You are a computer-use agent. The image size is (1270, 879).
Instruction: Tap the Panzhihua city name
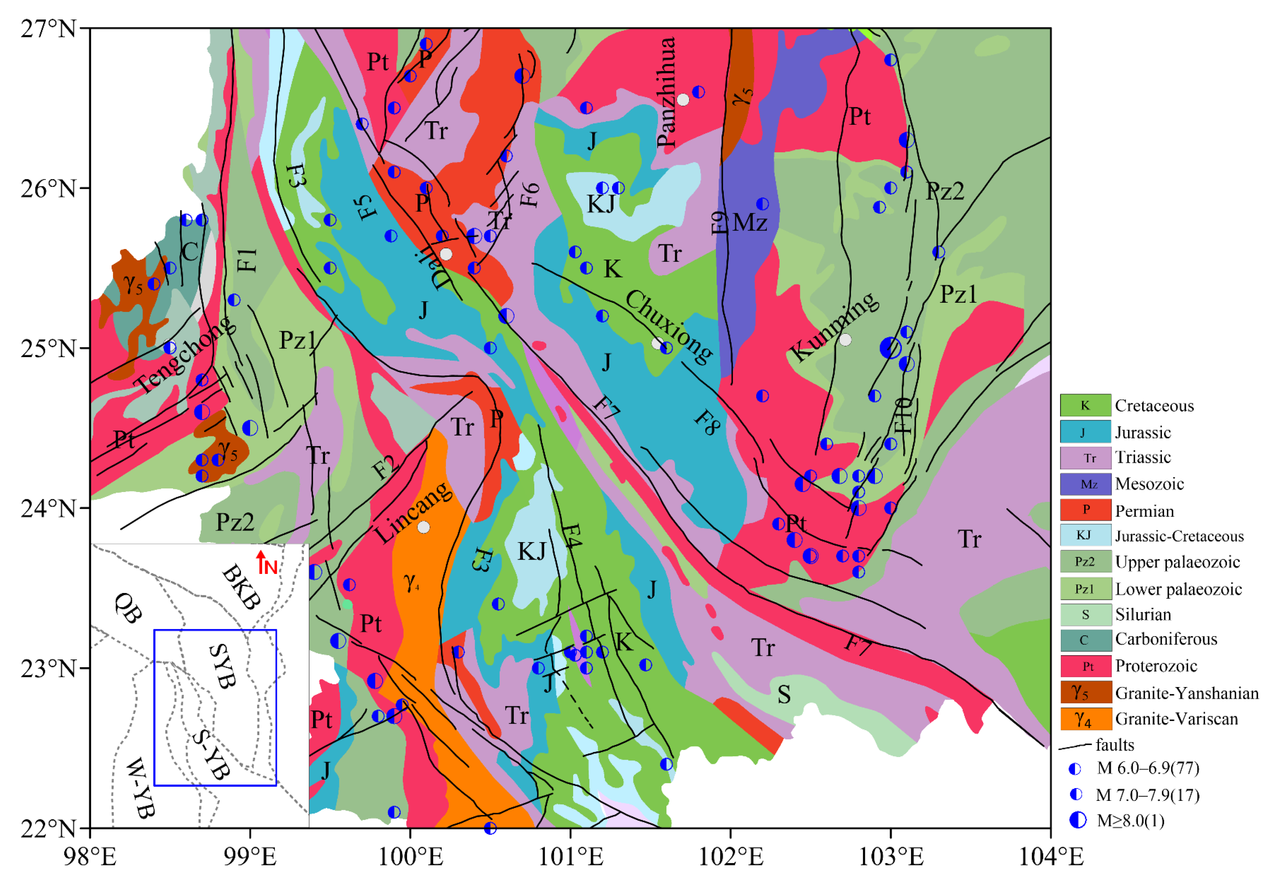point(666,92)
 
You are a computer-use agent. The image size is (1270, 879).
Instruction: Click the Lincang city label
point(414,512)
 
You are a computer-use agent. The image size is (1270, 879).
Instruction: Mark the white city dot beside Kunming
point(845,340)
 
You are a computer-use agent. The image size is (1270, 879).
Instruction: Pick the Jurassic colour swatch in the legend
point(1085,432)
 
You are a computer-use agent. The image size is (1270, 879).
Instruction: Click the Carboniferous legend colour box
point(1085,639)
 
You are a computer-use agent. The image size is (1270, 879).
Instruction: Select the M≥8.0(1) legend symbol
point(1078,820)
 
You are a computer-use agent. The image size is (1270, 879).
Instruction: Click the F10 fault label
point(903,416)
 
